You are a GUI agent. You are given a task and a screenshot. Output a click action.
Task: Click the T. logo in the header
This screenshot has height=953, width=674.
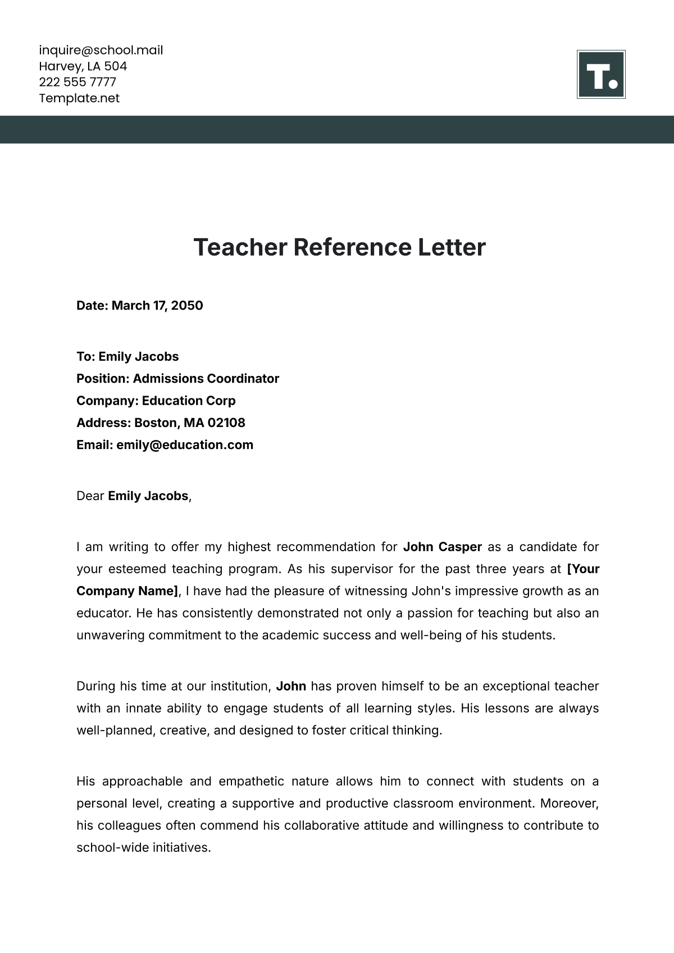tap(601, 74)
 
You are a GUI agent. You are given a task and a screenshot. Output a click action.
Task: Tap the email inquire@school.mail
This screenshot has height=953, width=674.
tap(101, 50)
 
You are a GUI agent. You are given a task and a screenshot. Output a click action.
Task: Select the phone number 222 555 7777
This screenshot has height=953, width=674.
tap(78, 82)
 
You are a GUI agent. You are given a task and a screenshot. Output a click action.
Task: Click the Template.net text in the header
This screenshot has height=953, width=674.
tap(79, 98)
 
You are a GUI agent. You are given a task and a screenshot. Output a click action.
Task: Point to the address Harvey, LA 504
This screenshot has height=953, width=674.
tap(83, 66)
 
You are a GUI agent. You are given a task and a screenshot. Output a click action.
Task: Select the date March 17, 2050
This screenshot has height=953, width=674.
tap(157, 306)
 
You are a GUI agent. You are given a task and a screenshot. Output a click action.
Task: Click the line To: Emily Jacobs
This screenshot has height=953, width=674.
tap(127, 357)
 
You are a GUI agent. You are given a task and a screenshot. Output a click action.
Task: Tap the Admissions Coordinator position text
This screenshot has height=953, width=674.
tap(206, 379)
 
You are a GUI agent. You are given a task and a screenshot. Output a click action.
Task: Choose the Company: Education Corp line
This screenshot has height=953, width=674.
tap(156, 401)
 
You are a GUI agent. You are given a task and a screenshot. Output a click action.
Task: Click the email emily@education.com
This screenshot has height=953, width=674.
tap(185, 445)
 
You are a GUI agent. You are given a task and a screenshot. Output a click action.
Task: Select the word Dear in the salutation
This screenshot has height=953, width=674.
tap(90, 496)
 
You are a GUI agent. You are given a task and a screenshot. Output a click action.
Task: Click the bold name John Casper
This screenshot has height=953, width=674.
tap(443, 547)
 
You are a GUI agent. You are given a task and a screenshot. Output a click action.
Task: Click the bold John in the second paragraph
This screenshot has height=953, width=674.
tap(291, 686)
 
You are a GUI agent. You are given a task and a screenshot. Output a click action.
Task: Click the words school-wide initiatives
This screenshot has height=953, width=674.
tap(143, 848)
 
